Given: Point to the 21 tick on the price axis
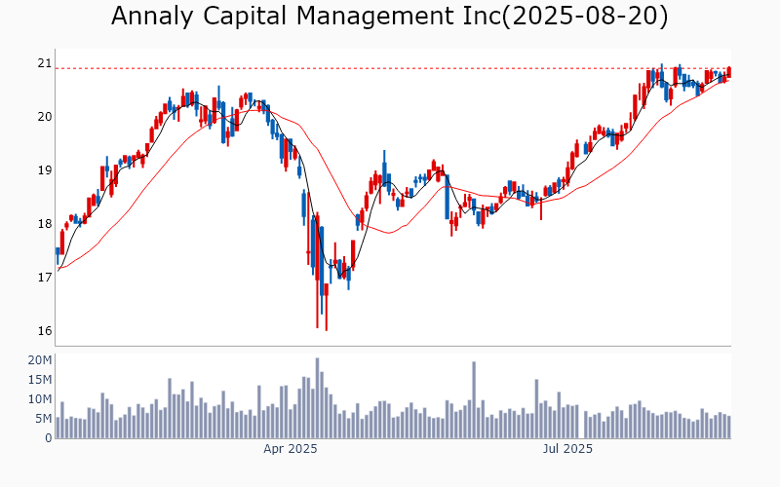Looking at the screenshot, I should [44, 63].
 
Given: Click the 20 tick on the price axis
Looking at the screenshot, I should [44, 117].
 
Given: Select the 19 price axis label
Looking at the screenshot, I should [44, 170].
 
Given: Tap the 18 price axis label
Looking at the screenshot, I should [44, 224].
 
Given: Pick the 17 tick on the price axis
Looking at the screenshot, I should [44, 278].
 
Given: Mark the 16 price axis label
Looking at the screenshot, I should [44, 331].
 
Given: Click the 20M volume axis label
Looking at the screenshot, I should [39, 360].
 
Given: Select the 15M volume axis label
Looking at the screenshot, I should [39, 380].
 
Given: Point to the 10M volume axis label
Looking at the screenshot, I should [39, 399].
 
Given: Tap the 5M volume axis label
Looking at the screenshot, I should [42, 419].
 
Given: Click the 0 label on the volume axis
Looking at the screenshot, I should [47, 438].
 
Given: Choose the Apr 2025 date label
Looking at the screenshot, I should [291, 449].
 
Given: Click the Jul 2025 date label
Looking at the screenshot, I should [567, 449].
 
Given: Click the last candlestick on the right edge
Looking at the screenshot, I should [728, 72].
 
